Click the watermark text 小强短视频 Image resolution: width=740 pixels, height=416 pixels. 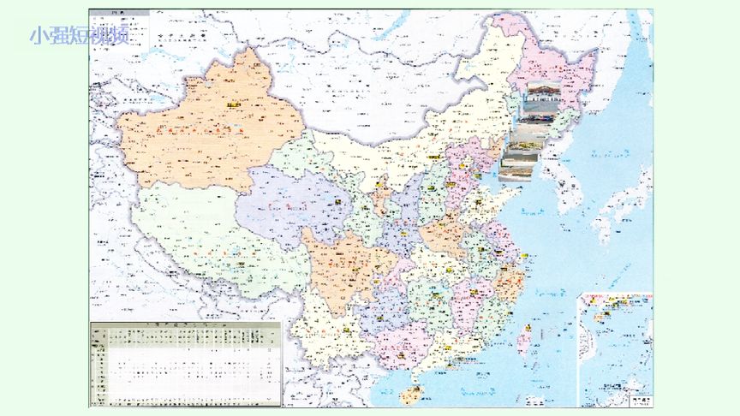click(x=79, y=36)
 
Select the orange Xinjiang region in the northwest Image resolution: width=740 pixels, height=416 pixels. click(x=206, y=128)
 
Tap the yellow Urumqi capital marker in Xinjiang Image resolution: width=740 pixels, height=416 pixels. click(x=232, y=105)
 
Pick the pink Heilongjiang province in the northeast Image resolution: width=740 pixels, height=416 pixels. click(x=548, y=68)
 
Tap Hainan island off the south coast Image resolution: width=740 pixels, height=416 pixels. click(x=411, y=395)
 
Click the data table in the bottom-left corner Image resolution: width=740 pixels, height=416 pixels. click(x=185, y=364)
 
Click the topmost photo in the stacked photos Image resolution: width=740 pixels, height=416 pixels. click(x=540, y=101)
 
